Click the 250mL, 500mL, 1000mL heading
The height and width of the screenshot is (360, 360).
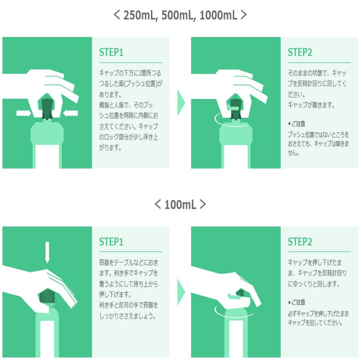[x=180, y=15]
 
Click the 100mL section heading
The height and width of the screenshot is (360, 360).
[x=180, y=204]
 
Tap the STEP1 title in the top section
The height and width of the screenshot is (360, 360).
[x=111, y=52]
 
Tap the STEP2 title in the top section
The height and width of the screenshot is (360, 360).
[x=300, y=52]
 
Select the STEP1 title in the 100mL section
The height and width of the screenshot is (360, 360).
[x=111, y=242]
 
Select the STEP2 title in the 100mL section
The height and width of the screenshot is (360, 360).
[x=300, y=242]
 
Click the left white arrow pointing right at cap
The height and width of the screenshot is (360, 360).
[x=24, y=113]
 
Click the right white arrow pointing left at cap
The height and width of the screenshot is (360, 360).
[x=71, y=113]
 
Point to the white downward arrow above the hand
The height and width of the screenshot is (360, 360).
[x=47, y=252]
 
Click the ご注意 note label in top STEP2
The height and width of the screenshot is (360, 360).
[x=297, y=124]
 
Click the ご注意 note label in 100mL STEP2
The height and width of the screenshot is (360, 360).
[x=297, y=302]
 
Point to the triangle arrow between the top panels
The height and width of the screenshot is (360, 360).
[x=181, y=103]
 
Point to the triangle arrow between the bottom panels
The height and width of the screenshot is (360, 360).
[x=181, y=292]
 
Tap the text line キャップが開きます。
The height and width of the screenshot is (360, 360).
[x=311, y=105]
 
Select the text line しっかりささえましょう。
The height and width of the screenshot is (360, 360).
[x=128, y=316]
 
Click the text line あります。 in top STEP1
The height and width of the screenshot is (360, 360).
[x=110, y=94]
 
